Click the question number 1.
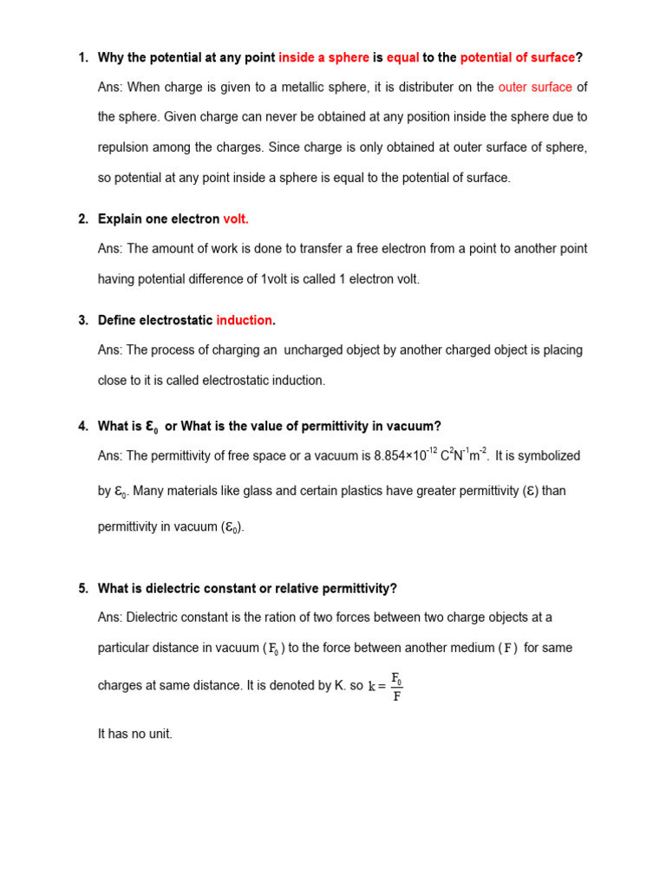(82, 58)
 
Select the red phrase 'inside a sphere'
(323, 58)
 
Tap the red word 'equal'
(402, 58)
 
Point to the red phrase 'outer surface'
(535, 88)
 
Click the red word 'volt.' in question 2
(236, 219)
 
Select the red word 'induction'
(245, 321)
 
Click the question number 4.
(82, 427)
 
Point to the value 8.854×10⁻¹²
(406, 454)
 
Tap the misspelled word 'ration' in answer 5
(265, 617)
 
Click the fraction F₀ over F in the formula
(396, 686)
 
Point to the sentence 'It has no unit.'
(135, 734)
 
